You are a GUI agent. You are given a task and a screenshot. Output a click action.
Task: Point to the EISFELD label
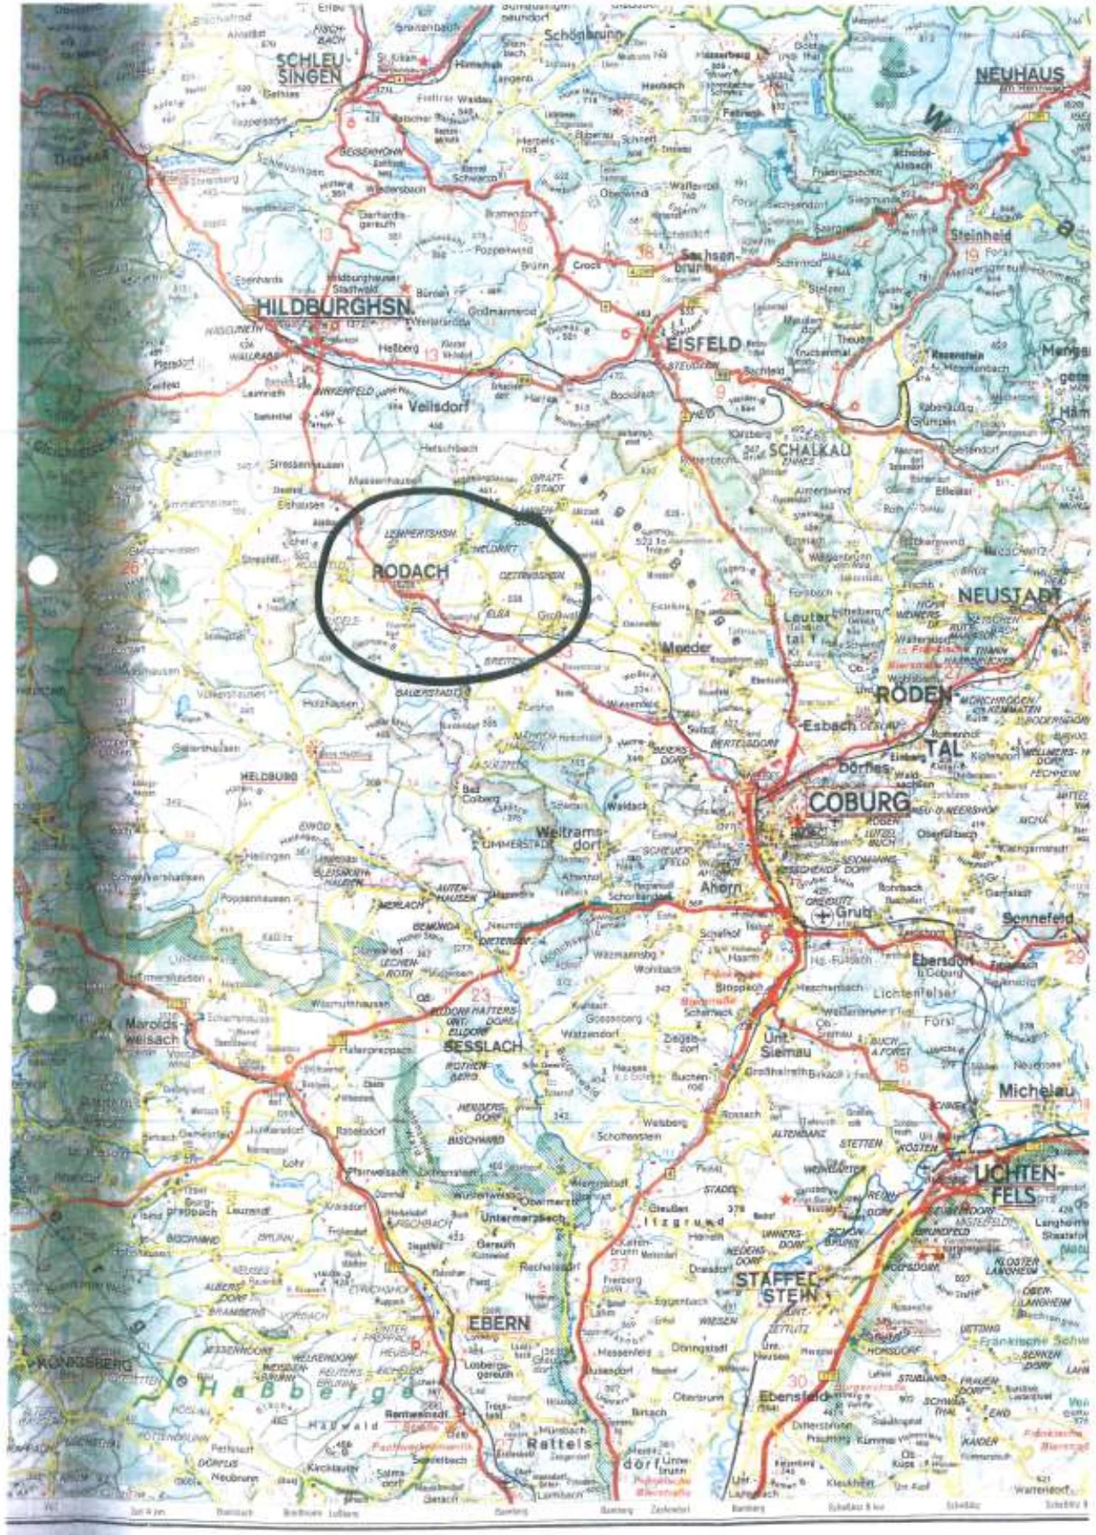coord(704,344)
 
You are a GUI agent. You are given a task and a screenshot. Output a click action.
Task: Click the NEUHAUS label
coord(1020,74)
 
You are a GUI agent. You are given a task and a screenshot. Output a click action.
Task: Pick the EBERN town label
coord(498,1323)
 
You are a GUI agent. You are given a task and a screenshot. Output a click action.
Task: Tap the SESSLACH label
coord(483,1046)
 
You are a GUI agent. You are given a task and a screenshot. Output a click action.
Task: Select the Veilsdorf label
coord(439,407)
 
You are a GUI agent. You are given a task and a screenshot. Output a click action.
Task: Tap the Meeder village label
coord(686,647)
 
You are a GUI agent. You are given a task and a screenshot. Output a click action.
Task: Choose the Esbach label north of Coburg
coord(828,725)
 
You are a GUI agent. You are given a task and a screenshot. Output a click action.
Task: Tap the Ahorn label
coord(720,888)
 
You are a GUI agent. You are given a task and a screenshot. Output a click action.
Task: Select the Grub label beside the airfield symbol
coord(852,912)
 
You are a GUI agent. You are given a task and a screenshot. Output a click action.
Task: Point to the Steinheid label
coord(980,234)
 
